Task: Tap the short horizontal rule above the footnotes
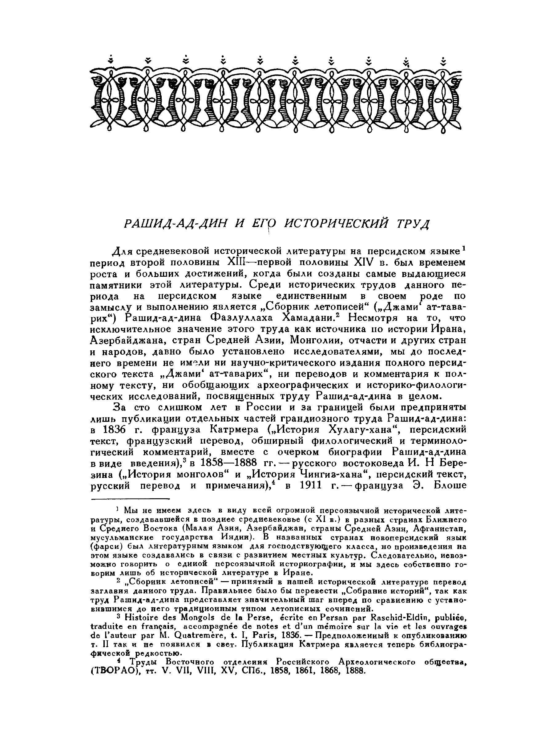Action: tap(130, 499)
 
